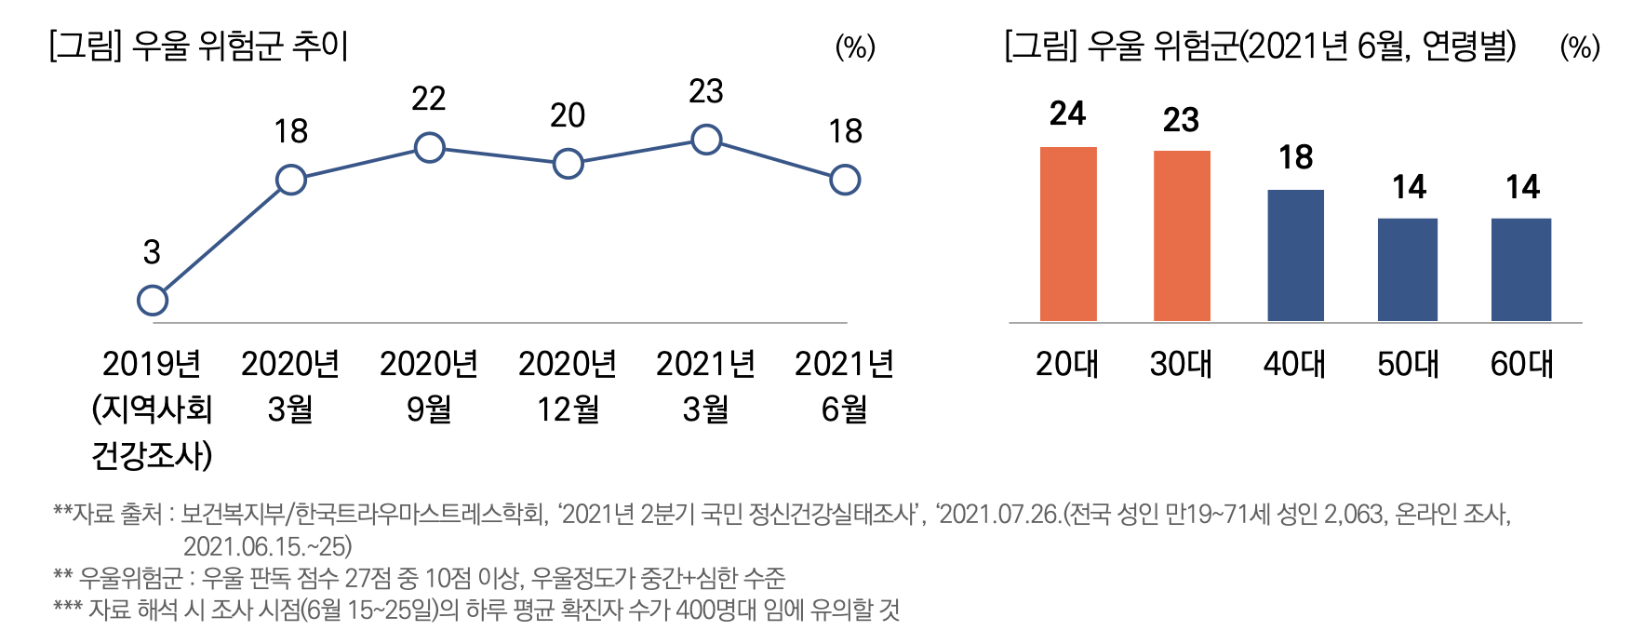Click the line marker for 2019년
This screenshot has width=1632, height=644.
(153, 301)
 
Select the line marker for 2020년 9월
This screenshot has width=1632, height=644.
(429, 148)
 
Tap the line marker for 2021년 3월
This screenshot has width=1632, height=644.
(706, 141)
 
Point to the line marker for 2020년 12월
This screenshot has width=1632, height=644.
(568, 165)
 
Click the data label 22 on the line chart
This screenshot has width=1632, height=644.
(429, 99)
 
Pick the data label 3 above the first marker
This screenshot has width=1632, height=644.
(152, 252)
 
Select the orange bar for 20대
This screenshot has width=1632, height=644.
(1068, 235)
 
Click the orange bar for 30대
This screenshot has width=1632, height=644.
(1182, 236)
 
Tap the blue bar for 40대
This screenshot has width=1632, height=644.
(1295, 256)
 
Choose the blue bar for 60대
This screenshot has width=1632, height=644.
(1521, 270)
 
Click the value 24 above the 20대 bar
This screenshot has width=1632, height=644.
(1067, 114)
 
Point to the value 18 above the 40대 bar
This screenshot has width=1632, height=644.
(1295, 158)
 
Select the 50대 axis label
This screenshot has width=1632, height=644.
(1408, 364)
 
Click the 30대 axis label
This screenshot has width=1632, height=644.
(1181, 364)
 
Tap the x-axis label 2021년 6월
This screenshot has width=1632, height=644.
(844, 386)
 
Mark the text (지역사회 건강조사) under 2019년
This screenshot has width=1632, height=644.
(153, 432)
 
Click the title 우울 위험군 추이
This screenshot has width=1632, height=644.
(240, 46)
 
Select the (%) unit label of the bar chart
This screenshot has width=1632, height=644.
(1580, 47)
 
